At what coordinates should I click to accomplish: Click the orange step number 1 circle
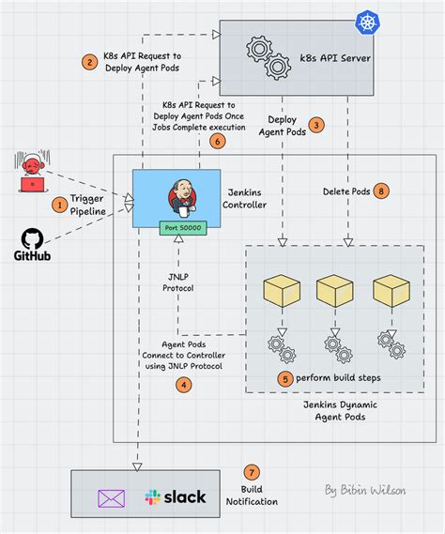tap(59, 202)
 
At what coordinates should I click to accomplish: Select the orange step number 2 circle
tap(90, 63)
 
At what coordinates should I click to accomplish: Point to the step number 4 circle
tap(184, 383)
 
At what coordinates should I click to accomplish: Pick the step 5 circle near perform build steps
tap(285, 379)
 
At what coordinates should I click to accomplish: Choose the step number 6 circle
tap(217, 142)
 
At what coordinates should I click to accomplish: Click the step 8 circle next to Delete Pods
tap(380, 191)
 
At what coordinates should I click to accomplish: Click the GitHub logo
tap(31, 243)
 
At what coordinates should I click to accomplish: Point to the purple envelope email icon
tap(113, 496)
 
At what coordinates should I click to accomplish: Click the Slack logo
tap(175, 496)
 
